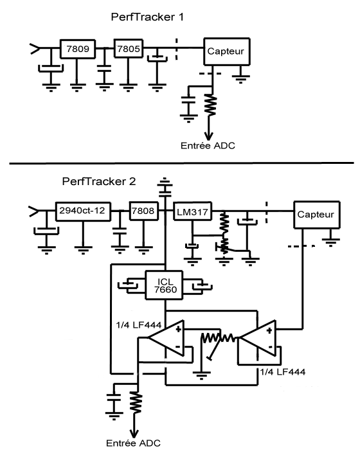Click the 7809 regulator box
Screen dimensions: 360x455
click(x=78, y=49)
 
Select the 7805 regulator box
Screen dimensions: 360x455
click(x=129, y=48)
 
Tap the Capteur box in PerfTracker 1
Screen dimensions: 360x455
click(x=227, y=51)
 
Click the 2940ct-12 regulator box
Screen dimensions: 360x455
click(x=83, y=211)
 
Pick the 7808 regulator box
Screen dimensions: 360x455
click(x=144, y=211)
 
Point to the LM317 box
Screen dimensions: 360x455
click(x=192, y=211)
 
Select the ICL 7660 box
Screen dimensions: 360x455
click(x=165, y=285)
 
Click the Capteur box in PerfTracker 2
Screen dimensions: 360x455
click(x=317, y=215)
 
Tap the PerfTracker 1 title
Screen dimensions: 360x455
click(x=147, y=17)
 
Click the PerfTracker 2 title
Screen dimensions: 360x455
click(x=99, y=181)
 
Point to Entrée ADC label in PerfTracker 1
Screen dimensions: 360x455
click(x=208, y=145)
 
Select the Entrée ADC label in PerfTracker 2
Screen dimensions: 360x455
click(x=133, y=443)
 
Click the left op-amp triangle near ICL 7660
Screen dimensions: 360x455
click(x=166, y=338)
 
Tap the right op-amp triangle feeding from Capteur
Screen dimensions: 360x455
click(x=258, y=338)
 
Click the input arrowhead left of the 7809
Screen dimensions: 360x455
click(x=35, y=48)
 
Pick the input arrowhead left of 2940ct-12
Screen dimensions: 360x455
click(x=33, y=211)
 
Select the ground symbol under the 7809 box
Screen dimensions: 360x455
click(x=77, y=87)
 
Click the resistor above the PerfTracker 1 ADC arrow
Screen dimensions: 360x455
click(x=211, y=105)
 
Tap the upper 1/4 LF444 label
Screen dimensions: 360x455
click(x=138, y=325)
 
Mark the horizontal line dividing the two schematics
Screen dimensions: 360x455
click(x=181, y=163)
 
